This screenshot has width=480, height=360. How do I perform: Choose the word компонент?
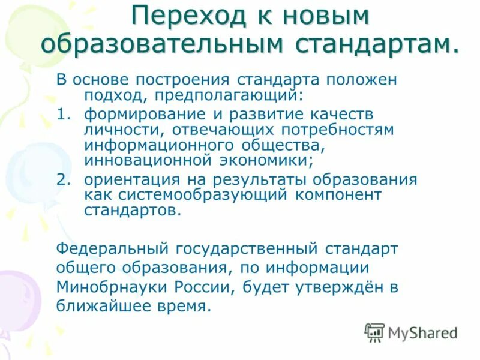pos(342,196)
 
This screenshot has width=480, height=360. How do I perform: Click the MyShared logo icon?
pos(374,332)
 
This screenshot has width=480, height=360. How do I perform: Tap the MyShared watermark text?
pos(422,332)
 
